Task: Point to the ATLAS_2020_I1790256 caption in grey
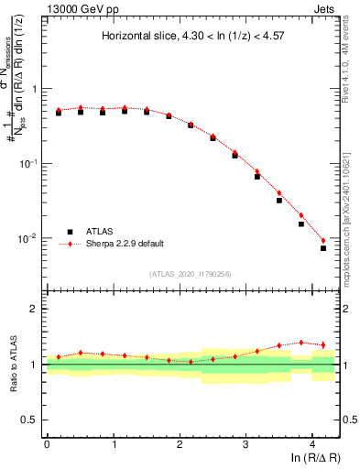click(191, 273)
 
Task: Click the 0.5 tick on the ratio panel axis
click(29, 420)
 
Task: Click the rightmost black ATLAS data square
click(323, 248)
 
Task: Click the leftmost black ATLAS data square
click(59, 113)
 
